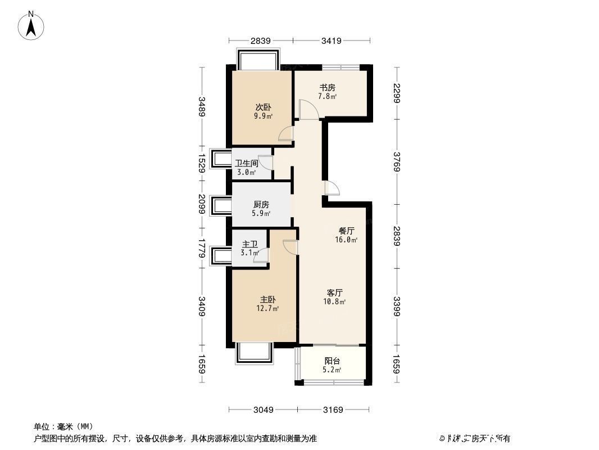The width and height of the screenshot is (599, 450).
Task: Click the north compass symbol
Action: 32,25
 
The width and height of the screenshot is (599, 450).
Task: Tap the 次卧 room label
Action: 262,107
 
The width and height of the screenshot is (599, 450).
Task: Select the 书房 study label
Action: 328,87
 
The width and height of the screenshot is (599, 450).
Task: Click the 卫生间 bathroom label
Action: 247,163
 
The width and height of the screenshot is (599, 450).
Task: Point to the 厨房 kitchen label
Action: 261,205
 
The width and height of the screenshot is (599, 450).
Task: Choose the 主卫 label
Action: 249,244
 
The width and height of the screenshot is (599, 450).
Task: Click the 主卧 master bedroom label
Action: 267,300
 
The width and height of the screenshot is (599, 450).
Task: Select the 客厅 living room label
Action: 335,292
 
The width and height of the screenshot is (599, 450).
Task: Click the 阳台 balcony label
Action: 332,361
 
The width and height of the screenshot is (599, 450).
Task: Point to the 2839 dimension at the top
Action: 261,40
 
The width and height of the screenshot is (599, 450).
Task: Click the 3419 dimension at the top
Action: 332,40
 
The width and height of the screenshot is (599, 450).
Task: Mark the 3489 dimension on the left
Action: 202,107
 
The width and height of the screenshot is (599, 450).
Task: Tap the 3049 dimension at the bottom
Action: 262,409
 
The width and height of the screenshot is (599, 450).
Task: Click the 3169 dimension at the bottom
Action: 332,409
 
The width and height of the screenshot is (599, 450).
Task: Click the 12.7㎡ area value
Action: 267,308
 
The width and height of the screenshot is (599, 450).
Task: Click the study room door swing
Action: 308,110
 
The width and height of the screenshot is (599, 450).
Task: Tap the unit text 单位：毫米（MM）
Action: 63,426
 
